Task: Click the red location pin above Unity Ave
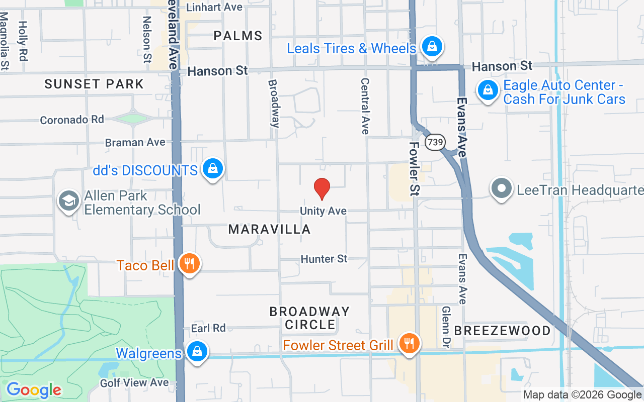click(322, 189)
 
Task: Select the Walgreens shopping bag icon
click(197, 351)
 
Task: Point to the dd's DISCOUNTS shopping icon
click(213, 169)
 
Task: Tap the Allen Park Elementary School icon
click(68, 200)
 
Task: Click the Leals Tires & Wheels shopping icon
click(431, 47)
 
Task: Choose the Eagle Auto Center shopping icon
click(488, 90)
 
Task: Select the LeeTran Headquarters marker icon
click(501, 189)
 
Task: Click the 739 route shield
click(435, 142)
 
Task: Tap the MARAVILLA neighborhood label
click(269, 230)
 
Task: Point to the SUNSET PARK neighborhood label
click(94, 84)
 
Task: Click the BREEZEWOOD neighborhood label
click(502, 331)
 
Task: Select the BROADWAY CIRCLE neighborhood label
click(309, 318)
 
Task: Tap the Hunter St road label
click(324, 259)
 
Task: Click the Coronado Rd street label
click(72, 120)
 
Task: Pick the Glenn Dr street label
click(446, 327)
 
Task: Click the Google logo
click(34, 390)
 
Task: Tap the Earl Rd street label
click(208, 328)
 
